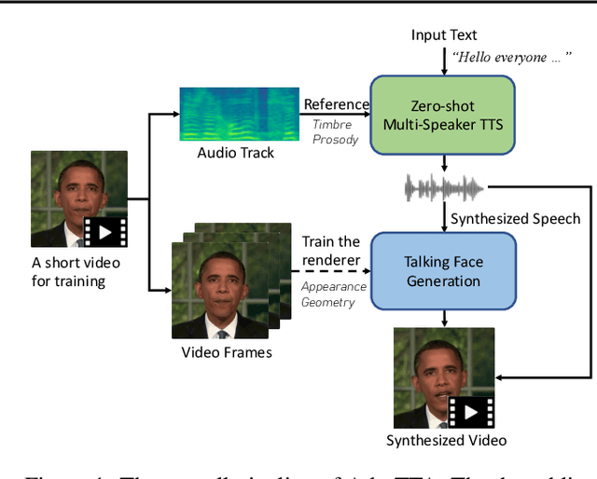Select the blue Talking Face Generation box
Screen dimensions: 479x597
(x=443, y=271)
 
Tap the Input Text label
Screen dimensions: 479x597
(x=443, y=35)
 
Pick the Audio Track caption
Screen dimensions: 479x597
(x=235, y=152)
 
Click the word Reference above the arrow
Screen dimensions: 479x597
(x=335, y=105)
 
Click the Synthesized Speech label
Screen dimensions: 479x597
(x=515, y=219)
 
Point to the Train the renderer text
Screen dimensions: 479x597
(x=330, y=252)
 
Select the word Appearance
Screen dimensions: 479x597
(x=333, y=287)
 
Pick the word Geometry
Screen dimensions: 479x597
(x=327, y=302)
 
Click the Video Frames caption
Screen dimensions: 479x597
(x=227, y=351)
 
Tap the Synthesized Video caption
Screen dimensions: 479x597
(x=446, y=440)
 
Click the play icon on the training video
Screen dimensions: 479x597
(x=104, y=230)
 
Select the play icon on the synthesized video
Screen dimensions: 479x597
(x=471, y=411)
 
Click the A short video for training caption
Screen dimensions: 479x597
(x=76, y=271)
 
